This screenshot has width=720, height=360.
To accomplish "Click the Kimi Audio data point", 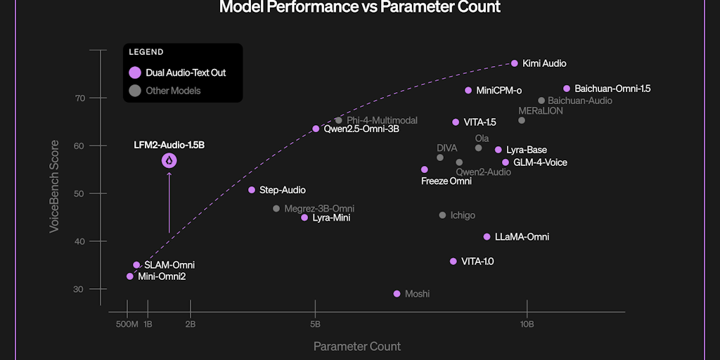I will (515, 63).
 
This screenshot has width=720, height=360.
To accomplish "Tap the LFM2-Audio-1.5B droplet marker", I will (169, 161).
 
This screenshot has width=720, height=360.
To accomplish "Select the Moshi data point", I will (397, 294).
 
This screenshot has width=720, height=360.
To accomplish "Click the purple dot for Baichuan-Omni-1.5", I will (567, 89).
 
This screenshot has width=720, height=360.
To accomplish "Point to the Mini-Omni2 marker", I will (130, 276).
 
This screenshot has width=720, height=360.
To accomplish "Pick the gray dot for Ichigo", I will (442, 215).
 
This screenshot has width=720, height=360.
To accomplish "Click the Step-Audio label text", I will (283, 190).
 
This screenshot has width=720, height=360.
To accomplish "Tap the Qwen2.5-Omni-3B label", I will (361, 129).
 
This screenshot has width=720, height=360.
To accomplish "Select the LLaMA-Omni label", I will (522, 237).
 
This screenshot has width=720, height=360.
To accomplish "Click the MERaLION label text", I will (541, 110).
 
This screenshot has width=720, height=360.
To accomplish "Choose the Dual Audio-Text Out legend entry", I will (186, 72).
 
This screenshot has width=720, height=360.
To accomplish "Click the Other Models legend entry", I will (173, 91).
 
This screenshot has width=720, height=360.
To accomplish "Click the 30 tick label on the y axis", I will (79, 289).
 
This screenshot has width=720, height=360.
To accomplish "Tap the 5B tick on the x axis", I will (316, 324).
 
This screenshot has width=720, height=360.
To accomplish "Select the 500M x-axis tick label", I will (127, 324).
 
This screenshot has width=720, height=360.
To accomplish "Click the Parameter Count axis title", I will (357, 346).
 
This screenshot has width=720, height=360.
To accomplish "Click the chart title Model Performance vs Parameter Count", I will (360, 8).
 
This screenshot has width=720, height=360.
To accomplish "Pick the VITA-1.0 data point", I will (454, 262).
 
